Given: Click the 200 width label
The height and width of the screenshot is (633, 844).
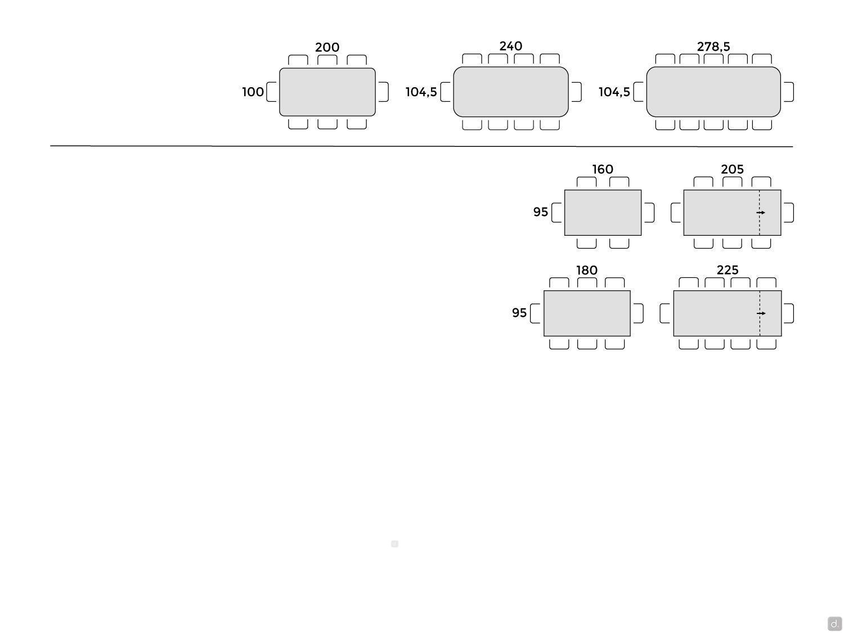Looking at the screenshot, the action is [327, 47].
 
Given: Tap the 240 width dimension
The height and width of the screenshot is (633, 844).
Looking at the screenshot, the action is [510, 46].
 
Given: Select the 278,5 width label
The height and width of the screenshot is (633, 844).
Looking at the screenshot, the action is [713, 47].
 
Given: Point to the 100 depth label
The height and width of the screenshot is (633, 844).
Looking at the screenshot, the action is [253, 92].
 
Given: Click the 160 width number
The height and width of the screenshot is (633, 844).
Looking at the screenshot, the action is [602, 169].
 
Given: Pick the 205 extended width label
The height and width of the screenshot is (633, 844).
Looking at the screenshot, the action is [731, 169].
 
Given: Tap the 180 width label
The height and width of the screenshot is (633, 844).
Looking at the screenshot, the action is [586, 270].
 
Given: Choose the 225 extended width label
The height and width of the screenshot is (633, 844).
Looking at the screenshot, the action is [727, 270].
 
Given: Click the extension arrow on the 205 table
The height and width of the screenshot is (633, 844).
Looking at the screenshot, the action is [760, 213].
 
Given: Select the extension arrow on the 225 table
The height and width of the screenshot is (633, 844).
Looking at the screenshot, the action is [761, 313].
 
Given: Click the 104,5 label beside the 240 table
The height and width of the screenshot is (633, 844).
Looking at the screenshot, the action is [421, 92].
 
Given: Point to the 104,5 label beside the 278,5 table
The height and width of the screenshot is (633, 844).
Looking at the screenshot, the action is [614, 92].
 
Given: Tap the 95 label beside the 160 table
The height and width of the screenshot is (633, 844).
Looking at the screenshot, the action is [540, 212].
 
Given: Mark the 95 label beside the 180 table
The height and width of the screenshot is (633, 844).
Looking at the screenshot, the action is [519, 312].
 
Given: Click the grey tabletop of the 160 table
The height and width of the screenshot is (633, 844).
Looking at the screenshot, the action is [602, 213].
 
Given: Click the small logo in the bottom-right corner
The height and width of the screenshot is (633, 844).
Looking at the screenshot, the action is [834, 623].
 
